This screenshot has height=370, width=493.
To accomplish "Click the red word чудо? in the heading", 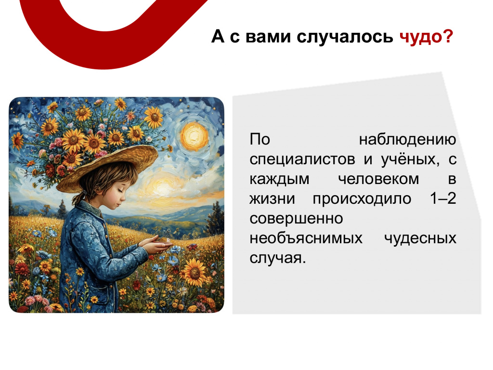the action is (x=427, y=37).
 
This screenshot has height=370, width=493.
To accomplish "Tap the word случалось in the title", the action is (x=345, y=37).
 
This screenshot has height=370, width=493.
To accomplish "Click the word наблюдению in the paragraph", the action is (x=407, y=140).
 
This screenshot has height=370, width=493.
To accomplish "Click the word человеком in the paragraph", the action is (x=378, y=179).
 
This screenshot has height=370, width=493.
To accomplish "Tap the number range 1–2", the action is (x=443, y=198).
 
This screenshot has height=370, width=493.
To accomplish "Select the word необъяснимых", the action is (x=306, y=238).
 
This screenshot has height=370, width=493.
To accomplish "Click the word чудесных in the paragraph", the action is (x=420, y=238).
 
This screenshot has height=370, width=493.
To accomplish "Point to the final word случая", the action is (x=278, y=258).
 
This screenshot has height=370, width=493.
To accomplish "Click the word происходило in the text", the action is (x=362, y=199).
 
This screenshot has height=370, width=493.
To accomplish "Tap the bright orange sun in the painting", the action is (x=195, y=136).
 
